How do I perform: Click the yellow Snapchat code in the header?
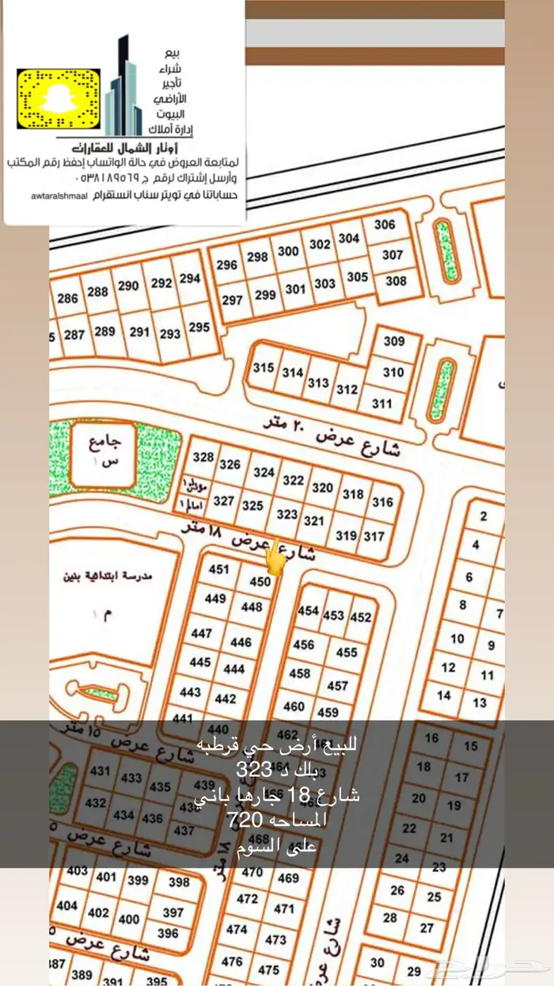tap(59, 101)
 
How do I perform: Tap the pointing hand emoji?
tap(274, 558)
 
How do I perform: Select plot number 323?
tap(287, 515)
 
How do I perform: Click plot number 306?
tap(385, 225)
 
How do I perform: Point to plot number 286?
tap(68, 299)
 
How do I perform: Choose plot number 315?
tap(264, 368)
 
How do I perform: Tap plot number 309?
tap(394, 341)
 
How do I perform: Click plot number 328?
tap(203, 458)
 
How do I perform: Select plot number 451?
tap(218, 569)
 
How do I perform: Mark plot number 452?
tap(361, 617)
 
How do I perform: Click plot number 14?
tap(444, 695)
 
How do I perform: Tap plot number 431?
tap(101, 771)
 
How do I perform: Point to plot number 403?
tap(78, 871)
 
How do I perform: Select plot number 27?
tap(427, 927)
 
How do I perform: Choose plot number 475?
tap(269, 969)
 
